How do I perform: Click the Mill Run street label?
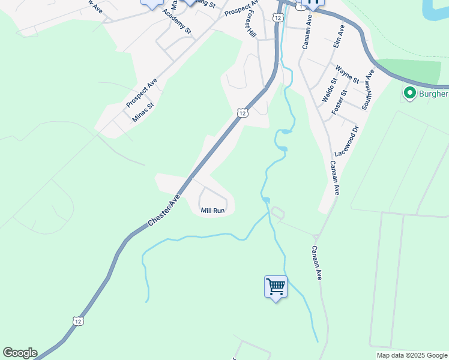click(x=212, y=211)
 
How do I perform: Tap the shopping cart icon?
click(x=276, y=287)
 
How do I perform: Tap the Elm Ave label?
click(x=339, y=37)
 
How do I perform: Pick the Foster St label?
click(x=339, y=101)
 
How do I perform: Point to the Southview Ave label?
click(x=367, y=89)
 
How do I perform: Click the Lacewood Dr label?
click(x=346, y=142)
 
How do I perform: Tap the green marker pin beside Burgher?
click(x=410, y=94)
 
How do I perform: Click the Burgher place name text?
click(x=433, y=94)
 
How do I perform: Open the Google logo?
click(x=20, y=353)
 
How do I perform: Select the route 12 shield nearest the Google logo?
click(x=79, y=321)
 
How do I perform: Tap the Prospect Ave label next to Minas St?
click(x=141, y=94)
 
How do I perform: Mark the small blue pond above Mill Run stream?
click(x=266, y=200)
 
